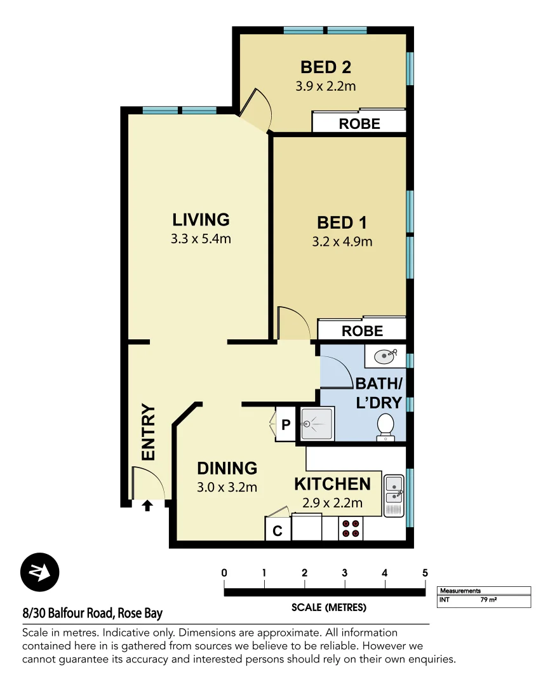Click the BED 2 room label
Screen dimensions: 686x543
(x=326, y=67)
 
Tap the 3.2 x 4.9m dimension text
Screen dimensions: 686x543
(x=342, y=241)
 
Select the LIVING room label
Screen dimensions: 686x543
(x=201, y=220)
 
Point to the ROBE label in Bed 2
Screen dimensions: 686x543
(x=359, y=124)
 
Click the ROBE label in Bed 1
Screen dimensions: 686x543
(x=362, y=331)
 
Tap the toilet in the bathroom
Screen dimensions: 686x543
(x=385, y=426)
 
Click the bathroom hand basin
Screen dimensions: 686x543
(x=385, y=356)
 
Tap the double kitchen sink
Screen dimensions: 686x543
(x=394, y=495)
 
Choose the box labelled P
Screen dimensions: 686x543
(x=285, y=424)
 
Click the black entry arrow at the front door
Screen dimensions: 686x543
(x=147, y=506)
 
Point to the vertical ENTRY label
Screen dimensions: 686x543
(x=148, y=433)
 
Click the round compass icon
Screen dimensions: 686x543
(x=39, y=572)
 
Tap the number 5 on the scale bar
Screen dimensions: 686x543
(x=425, y=573)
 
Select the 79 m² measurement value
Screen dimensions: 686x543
(x=488, y=599)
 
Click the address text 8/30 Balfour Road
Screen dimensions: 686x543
(x=93, y=614)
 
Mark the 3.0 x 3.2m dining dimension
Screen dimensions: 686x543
(x=227, y=487)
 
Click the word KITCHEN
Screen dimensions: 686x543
(x=332, y=484)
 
